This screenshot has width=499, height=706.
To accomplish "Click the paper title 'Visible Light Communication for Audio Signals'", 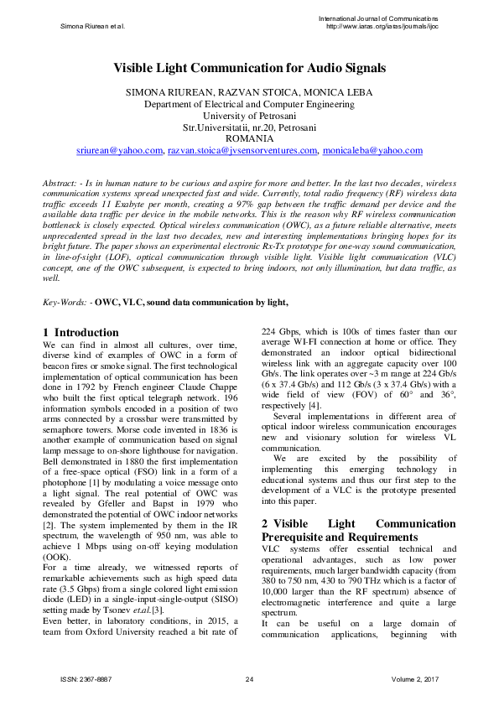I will [x=249, y=69].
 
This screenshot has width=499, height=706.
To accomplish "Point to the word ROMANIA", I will [x=249, y=138].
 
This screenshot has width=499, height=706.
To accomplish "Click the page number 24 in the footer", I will [x=249, y=678].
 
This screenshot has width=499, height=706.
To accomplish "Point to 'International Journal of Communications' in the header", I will [x=379, y=18].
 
